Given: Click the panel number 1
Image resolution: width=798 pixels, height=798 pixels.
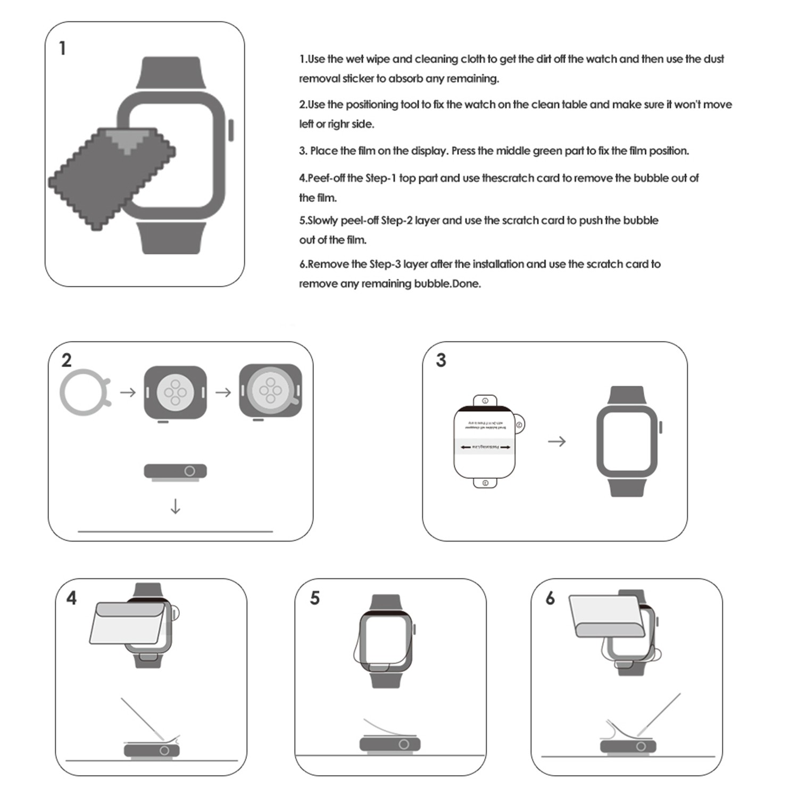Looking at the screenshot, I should click(63, 48).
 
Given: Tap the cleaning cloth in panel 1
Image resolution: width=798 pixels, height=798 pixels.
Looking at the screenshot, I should click(106, 176).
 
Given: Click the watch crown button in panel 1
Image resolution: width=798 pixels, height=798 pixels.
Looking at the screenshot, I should click(231, 130).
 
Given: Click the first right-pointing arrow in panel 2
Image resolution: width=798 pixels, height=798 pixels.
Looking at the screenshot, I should click(128, 393).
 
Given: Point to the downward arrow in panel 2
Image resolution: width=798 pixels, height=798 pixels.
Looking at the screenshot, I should click(175, 506).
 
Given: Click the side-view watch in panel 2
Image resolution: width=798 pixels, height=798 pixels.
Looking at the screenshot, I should click(175, 471).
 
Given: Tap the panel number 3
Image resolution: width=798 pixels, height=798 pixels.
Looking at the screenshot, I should click(441, 360).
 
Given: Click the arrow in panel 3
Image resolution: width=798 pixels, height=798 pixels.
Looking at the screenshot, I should click(556, 442).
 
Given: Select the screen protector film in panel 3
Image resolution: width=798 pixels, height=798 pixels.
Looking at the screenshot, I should click(484, 442).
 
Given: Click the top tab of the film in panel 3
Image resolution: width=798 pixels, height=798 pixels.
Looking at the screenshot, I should click(485, 400).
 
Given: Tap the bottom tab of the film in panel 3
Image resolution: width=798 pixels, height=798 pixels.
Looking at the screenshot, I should click(485, 483).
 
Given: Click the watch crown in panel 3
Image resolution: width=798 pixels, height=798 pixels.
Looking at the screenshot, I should click(661, 427).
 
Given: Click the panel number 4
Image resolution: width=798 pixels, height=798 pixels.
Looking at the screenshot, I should click(71, 598).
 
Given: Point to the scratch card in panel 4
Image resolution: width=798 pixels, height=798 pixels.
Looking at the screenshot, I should click(142, 718).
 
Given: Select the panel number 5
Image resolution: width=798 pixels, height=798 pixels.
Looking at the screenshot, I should click(315, 598).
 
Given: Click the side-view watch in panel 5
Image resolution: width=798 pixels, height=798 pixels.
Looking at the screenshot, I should click(390, 744).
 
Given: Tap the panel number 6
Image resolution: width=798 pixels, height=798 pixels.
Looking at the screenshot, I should click(550, 598).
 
